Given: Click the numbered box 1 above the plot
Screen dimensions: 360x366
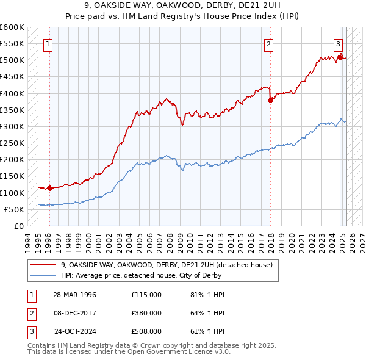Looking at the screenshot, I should click(x=48, y=43).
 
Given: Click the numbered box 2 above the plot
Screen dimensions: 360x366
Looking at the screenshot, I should click(x=268, y=43).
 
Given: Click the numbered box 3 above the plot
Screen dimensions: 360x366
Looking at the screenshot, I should click(x=338, y=43).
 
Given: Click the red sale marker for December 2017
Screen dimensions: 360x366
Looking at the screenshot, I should click(x=270, y=101).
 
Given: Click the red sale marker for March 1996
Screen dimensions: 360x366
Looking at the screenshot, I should click(x=49, y=188).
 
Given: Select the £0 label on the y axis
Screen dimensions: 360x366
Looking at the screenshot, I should click(x=19, y=226).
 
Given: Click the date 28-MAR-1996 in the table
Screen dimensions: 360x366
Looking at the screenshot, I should click(x=75, y=295).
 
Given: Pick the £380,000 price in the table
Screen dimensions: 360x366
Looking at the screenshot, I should click(x=146, y=313).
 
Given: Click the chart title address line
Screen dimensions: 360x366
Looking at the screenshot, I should click(x=184, y=6).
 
